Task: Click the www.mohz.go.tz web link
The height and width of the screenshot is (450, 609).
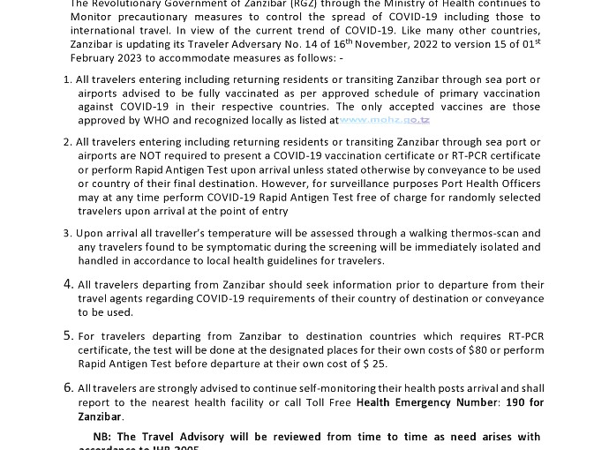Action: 385,120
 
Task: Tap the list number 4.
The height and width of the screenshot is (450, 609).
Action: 68,284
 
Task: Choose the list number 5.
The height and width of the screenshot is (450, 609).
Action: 68,335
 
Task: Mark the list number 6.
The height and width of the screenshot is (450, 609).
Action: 68,387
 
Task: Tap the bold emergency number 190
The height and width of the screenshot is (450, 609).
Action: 514,402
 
